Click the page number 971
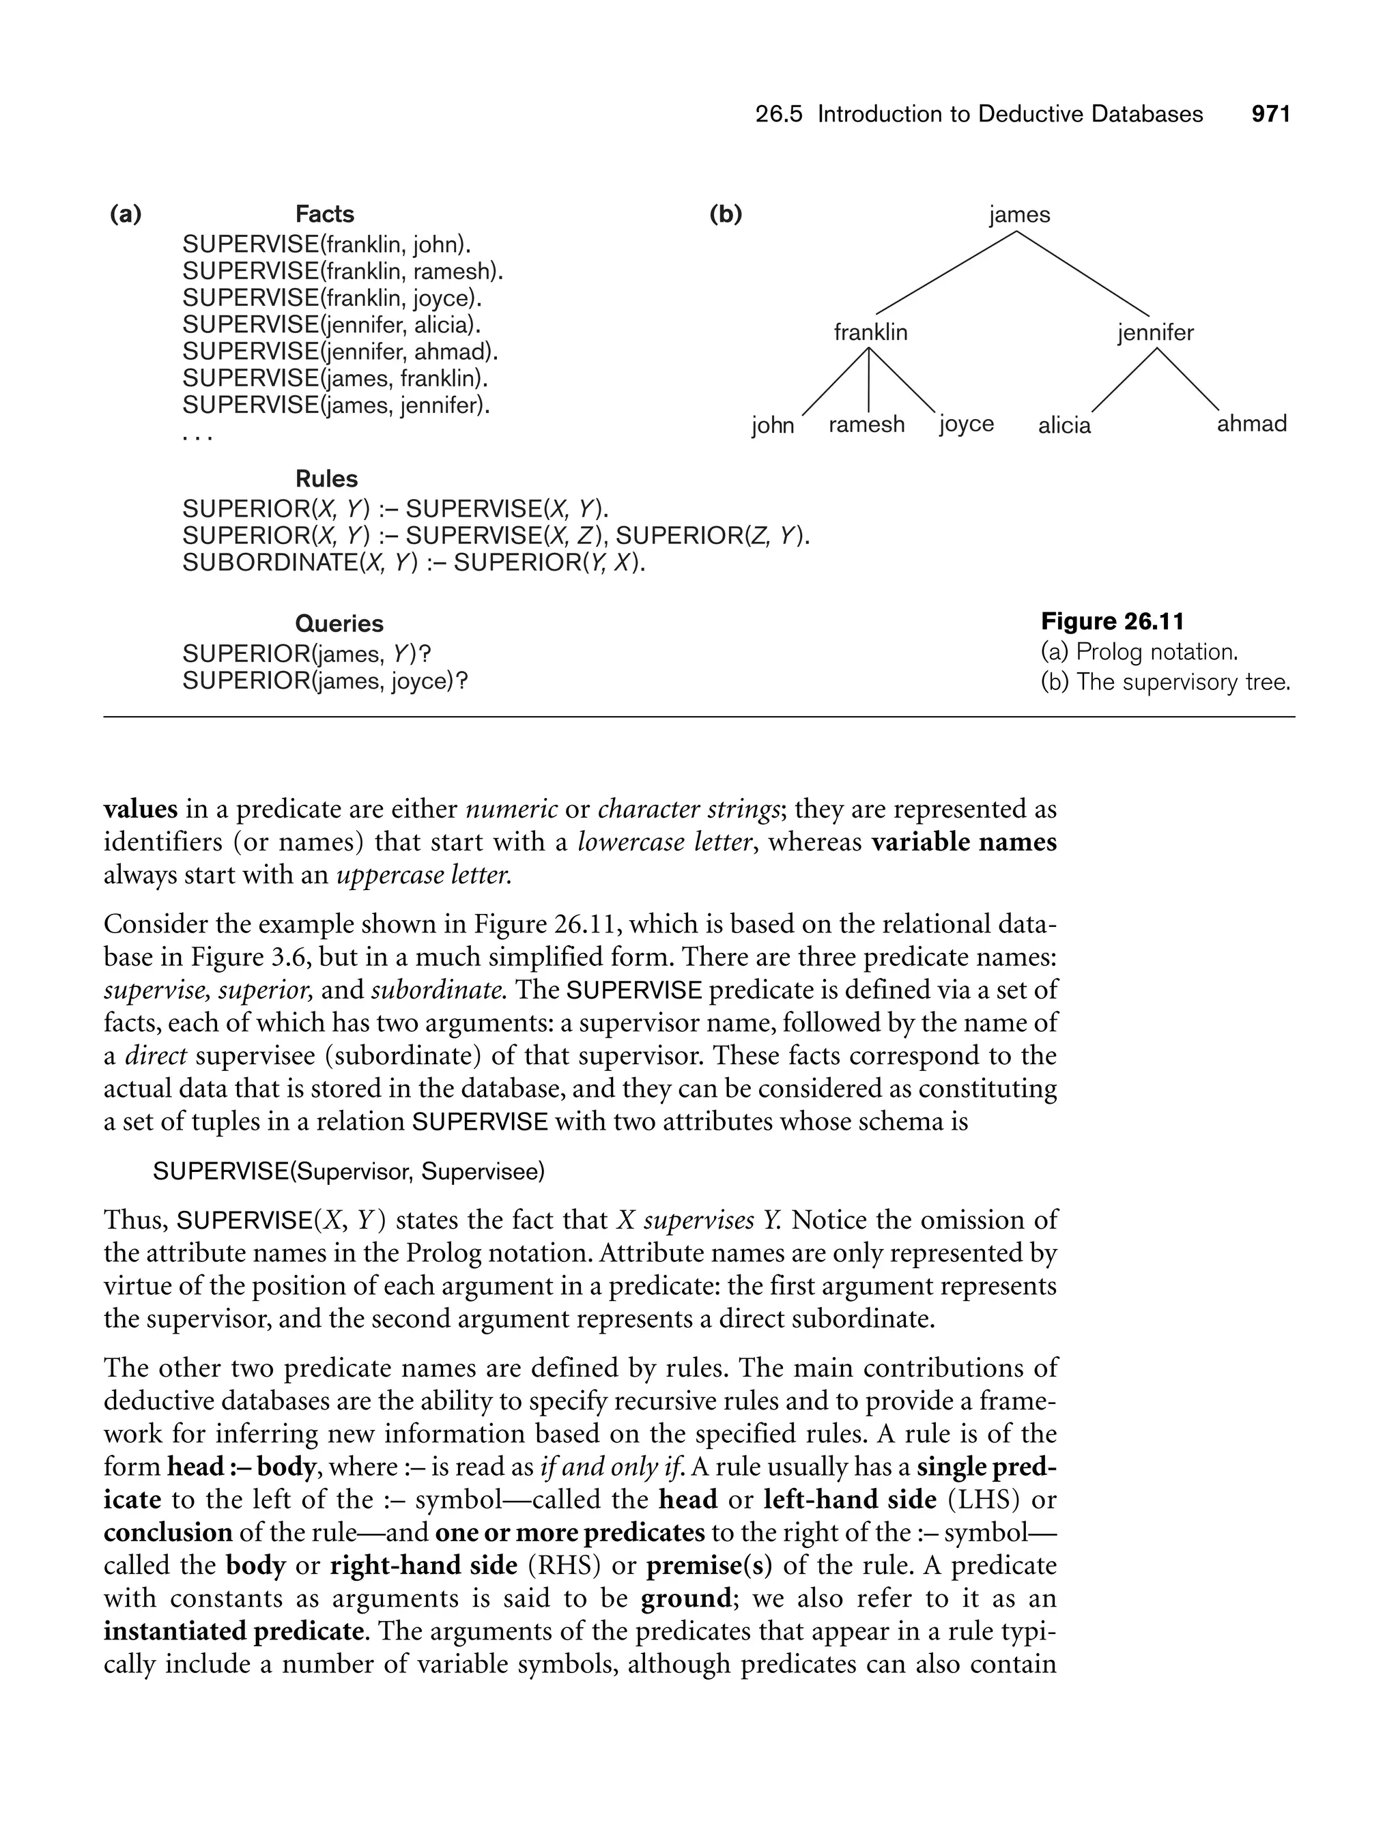[x=1270, y=114]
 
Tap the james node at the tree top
[x=1019, y=214]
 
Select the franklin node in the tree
[x=870, y=333]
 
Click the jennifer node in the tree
[x=1155, y=333]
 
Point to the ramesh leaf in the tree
[x=866, y=425]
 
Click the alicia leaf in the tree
[x=1064, y=425]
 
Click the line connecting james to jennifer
[x=1082, y=273]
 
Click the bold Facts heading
[x=324, y=214]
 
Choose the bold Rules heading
[x=326, y=479]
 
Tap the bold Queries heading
[x=339, y=624]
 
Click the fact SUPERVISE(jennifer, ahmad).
[x=339, y=352]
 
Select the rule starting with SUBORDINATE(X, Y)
[x=414, y=563]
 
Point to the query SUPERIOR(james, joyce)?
[x=324, y=681]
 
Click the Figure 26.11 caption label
[x=1112, y=622]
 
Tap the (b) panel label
[x=725, y=214]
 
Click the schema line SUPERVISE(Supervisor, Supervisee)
[x=349, y=1172]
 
